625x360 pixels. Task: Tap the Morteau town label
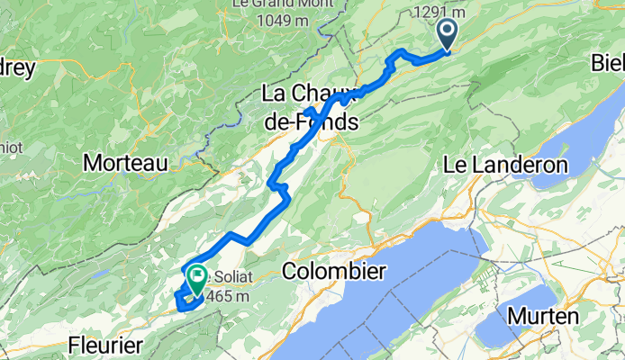pos(125,163)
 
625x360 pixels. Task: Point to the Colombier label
pos(334,271)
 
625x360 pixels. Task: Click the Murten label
pos(542,316)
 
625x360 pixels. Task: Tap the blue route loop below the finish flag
pos(187,304)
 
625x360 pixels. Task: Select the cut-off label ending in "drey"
pos(15,68)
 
